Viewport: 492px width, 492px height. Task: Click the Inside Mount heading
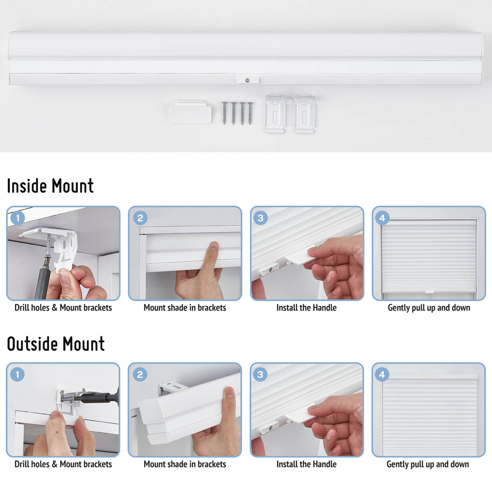[50, 186]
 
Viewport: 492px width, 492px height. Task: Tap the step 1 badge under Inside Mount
[18, 218]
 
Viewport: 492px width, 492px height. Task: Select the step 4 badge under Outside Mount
[382, 374]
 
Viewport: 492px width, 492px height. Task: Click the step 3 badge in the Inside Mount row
[260, 218]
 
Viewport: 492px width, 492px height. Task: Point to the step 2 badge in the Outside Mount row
[140, 374]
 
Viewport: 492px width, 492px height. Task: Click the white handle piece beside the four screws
[190, 112]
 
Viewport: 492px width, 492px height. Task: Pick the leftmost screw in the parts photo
[224, 113]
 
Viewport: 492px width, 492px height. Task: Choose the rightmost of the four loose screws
[250, 113]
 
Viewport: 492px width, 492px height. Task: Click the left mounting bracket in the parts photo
[275, 114]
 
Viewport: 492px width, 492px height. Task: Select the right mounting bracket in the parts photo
[304, 114]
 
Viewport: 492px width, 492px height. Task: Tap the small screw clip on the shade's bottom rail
[247, 80]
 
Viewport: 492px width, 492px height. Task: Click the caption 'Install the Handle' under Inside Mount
[306, 307]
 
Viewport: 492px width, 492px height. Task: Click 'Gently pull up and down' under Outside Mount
[428, 464]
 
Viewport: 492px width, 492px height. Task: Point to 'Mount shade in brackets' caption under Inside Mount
[185, 307]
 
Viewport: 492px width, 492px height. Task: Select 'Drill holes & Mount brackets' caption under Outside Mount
[63, 464]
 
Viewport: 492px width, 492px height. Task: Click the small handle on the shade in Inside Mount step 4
[429, 291]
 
